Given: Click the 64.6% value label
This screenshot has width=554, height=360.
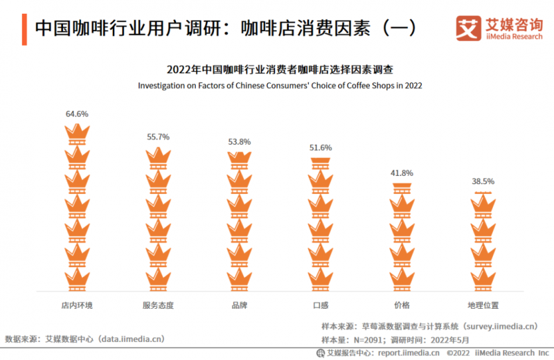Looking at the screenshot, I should pos(77,114).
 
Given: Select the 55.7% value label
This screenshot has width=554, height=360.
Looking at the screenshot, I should pos(158,137).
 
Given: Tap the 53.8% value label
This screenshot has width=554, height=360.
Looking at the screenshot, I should pos(240,142).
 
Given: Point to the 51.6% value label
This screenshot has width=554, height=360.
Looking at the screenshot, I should pos(321,147).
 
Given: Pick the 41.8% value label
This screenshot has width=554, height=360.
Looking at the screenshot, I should pos(402,173).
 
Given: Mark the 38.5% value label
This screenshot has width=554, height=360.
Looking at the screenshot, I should pos(483,181).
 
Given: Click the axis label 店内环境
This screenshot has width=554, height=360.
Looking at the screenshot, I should pos(77,305).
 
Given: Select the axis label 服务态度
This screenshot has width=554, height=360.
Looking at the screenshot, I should pos(158,305).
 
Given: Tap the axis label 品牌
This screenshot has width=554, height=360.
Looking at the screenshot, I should pos(240,305).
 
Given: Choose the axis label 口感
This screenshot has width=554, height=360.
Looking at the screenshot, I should pos(321,305).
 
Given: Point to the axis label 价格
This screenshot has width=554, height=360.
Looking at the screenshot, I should pos(402,305).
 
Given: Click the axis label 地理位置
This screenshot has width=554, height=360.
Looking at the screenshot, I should pos(483,305).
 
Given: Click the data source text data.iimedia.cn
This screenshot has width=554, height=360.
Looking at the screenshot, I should pos(131,339).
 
